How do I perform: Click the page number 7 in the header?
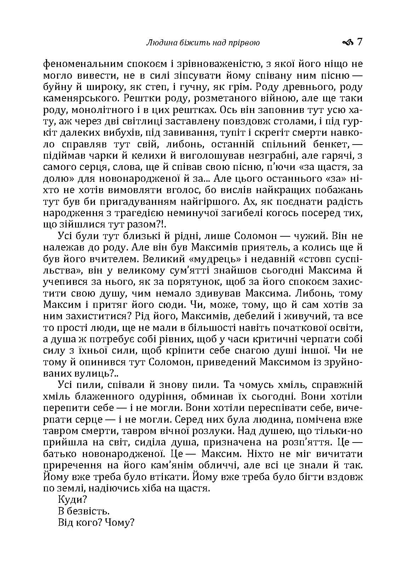[x=360, y=43]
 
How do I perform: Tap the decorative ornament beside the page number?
[x=348, y=43]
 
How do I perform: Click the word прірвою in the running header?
[x=244, y=43]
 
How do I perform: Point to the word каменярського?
[x=75, y=98]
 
